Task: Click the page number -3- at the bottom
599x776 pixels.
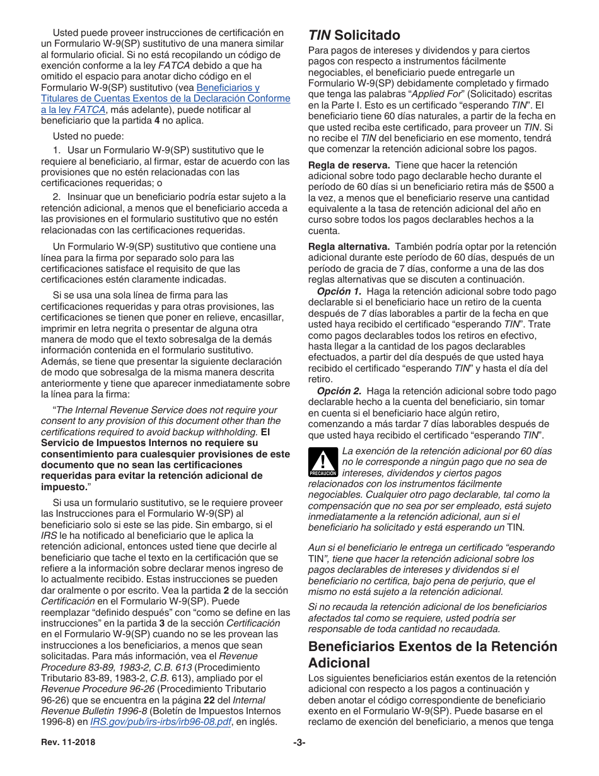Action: coord(299,743)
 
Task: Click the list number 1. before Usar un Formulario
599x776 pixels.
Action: coord(56,150)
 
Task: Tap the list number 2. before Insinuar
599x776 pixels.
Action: coord(56,196)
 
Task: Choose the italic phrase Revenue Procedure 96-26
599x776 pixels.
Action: coord(94,688)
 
